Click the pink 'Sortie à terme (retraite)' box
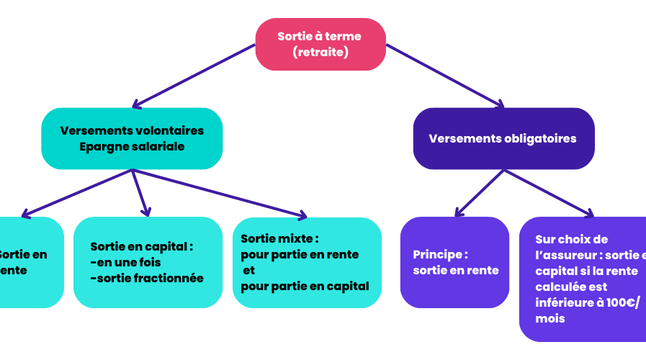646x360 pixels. pyautogui.click(x=320, y=44)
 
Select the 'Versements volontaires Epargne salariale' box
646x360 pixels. pyautogui.click(x=132, y=138)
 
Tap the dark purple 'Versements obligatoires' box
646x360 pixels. pyautogui.click(x=503, y=138)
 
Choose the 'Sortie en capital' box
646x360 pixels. pyautogui.click(x=148, y=262)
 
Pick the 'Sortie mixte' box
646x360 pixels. pyautogui.click(x=307, y=262)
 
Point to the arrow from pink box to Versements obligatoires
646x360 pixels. pyautogui.click(x=447, y=76)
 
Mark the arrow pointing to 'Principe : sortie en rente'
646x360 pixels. pyautogui.click(x=479, y=193)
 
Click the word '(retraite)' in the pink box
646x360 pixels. pyautogui.click(x=320, y=52)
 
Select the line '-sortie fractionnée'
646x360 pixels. pyautogui.click(x=147, y=279)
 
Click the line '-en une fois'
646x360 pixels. pyautogui.click(x=125, y=262)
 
